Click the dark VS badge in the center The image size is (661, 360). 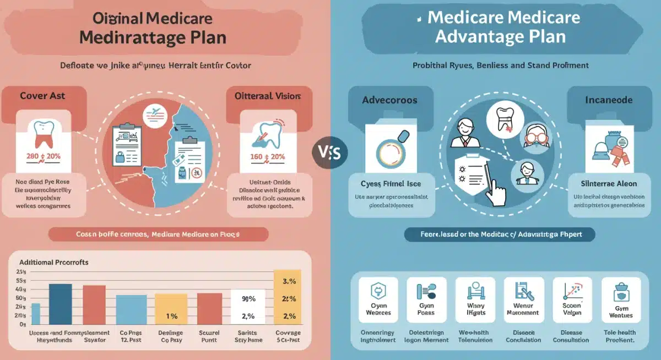(x=329, y=151)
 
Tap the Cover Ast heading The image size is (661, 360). (x=42, y=96)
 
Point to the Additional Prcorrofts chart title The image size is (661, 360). (x=54, y=263)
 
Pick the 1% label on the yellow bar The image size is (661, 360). (x=172, y=317)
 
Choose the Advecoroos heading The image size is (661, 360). (x=389, y=100)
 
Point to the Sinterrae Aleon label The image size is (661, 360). (x=609, y=183)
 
